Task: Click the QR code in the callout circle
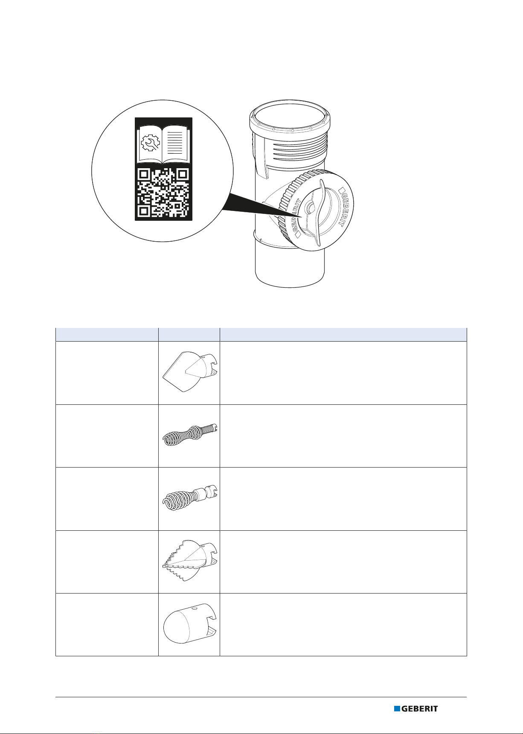click(164, 193)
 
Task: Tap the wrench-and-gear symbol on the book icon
click(149, 143)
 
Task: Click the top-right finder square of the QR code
click(183, 174)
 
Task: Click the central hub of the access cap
click(309, 208)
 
